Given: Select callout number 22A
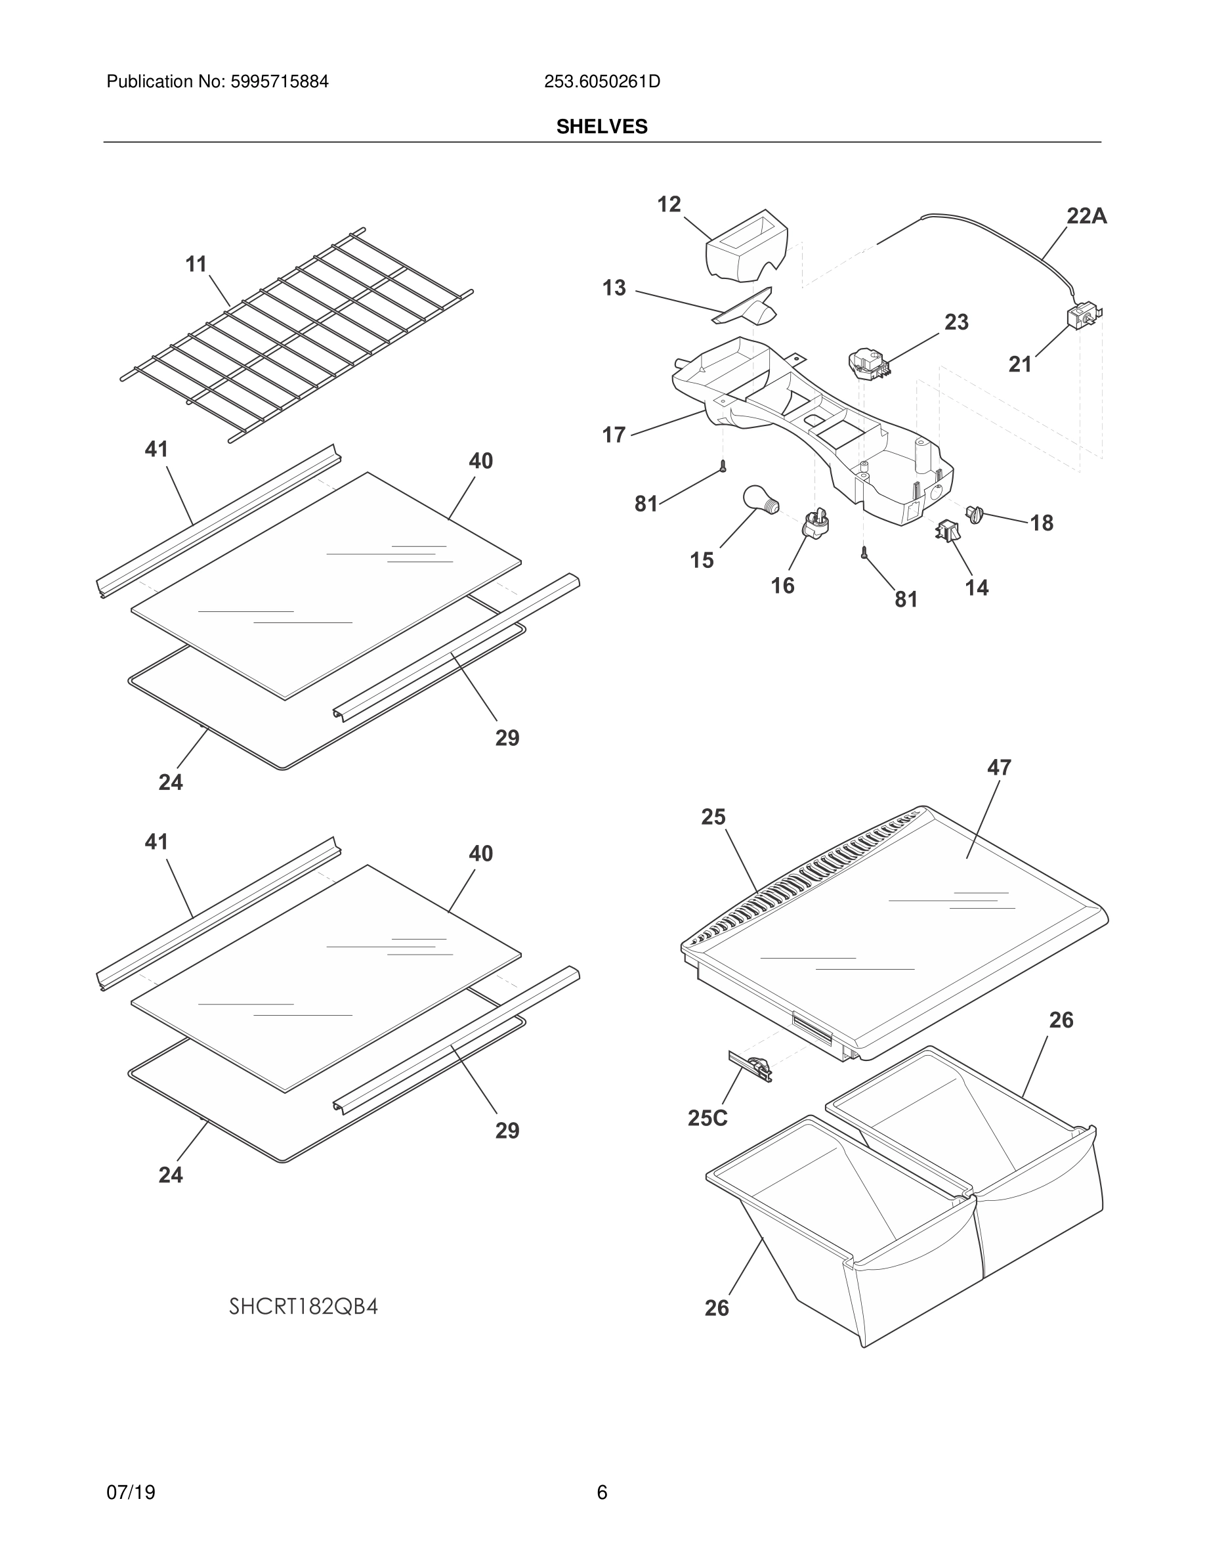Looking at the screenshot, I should point(1086,216).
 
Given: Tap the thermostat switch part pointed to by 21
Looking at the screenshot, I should point(1082,316).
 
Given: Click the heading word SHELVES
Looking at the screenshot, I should point(602,127).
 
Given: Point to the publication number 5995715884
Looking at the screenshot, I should point(279,82).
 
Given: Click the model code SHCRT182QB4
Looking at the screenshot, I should point(303,1307).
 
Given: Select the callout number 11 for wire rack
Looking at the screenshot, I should point(196,265).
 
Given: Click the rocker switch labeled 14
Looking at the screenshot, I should point(948,530).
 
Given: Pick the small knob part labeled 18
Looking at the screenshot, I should point(975,513).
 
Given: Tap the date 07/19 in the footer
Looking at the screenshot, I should point(131,1492).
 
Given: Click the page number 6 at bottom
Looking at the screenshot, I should point(602,1492).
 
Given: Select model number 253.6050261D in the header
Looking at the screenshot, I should point(602,82).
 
